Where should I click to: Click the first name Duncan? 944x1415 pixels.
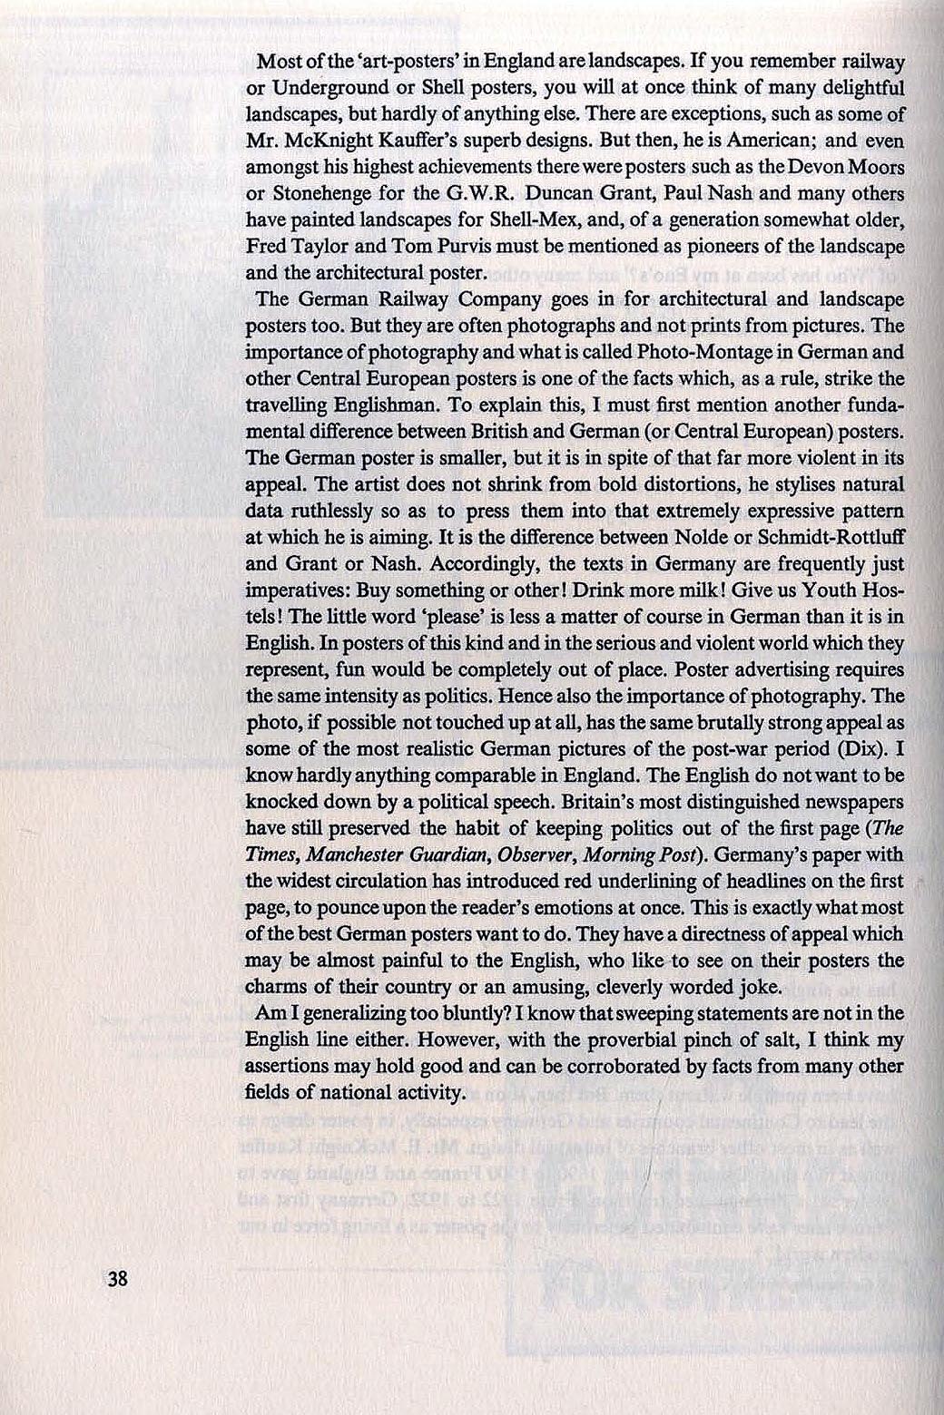click(x=522, y=193)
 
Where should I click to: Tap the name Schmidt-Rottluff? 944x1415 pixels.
click(x=826, y=537)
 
